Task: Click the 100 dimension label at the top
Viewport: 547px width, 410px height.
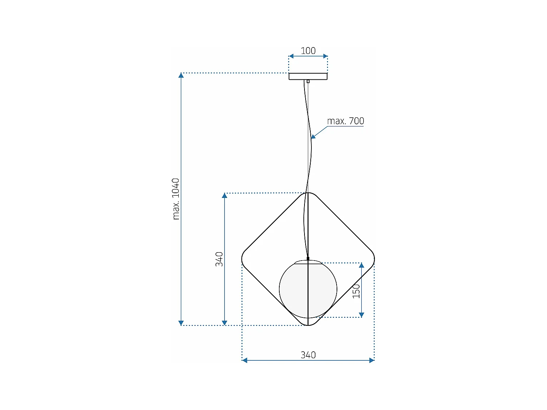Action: pos(308,51)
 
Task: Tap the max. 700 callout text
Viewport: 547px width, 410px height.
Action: pos(345,121)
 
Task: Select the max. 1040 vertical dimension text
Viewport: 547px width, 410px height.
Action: pos(176,199)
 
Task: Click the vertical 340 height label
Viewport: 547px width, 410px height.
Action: pos(219,259)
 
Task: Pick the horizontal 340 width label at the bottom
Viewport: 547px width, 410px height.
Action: pos(308,355)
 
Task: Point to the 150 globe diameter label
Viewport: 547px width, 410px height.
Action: pos(356,291)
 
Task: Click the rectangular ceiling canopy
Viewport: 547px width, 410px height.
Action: pos(308,76)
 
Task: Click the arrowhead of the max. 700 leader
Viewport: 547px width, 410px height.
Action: pos(313,137)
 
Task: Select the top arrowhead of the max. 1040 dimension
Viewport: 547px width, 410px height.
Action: pos(181,75)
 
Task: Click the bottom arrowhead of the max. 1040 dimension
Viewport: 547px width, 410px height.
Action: pos(181,323)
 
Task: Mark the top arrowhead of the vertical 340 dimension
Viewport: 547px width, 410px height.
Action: pos(225,196)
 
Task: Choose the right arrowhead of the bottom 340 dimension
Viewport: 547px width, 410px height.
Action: pos(372,360)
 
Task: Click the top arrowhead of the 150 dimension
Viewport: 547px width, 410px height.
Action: pos(361,265)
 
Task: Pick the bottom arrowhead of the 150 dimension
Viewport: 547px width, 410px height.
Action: pos(361,315)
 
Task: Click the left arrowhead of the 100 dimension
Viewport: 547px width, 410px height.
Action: pos(291,56)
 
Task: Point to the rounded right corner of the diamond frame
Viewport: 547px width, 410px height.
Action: pos(373,259)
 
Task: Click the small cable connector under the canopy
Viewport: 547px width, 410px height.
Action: pos(308,81)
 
